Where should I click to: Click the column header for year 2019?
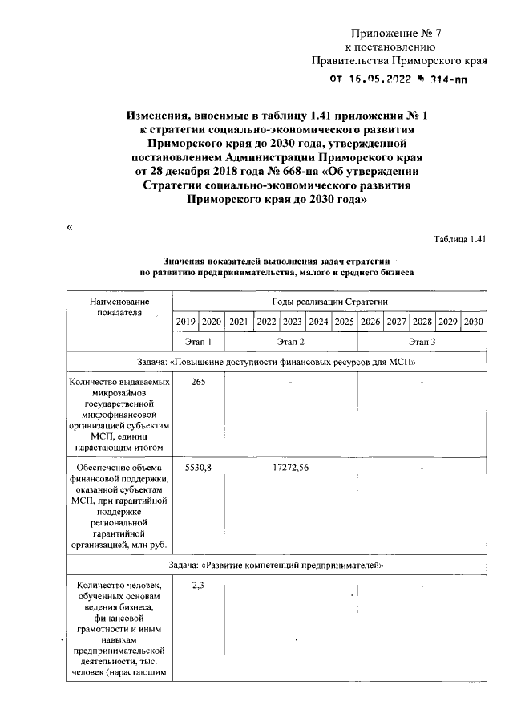[185, 322]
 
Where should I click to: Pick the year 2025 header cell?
[344, 322]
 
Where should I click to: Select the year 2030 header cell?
[475, 322]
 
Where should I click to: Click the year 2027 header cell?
[396, 322]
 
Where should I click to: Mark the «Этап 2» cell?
[290, 342]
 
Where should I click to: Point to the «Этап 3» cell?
[422, 342]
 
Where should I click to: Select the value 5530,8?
[198, 468]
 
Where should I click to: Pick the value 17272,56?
[290, 468]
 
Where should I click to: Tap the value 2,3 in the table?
[198, 586]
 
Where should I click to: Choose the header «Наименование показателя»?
[119, 306]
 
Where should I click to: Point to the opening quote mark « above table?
[70, 228]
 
